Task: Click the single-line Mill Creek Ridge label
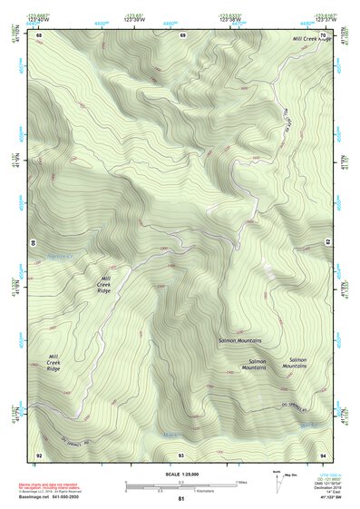pyautogui.click(x=311, y=40)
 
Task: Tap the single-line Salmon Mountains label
pyautogui.click(x=240, y=340)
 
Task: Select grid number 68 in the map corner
pyautogui.click(x=39, y=34)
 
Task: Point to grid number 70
pyautogui.click(x=322, y=34)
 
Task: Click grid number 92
pyautogui.click(x=39, y=454)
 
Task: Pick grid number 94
pyautogui.click(x=322, y=454)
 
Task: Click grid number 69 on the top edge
pyautogui.click(x=182, y=34)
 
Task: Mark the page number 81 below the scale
pyautogui.click(x=181, y=499)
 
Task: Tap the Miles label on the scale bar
pyautogui.click(x=240, y=482)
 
